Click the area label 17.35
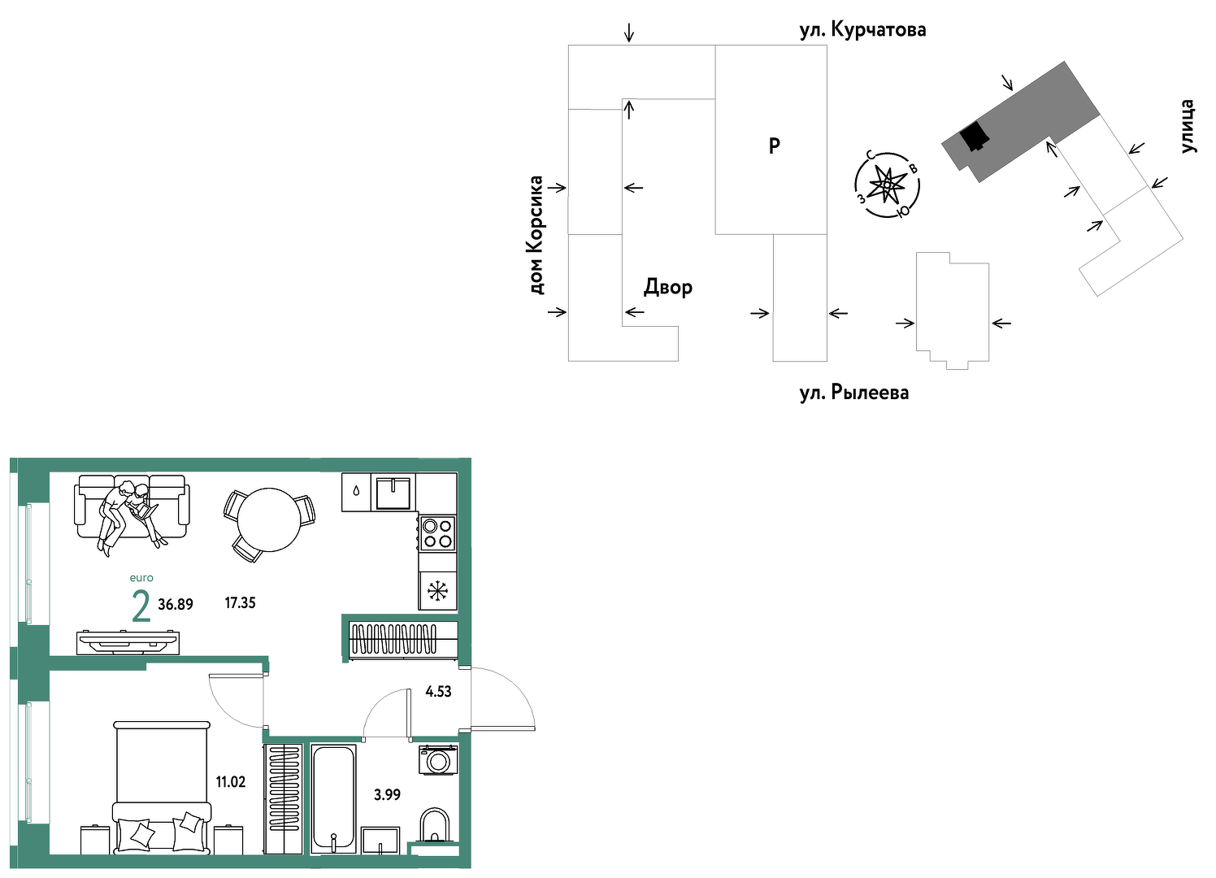click(240, 602)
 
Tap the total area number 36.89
click(176, 604)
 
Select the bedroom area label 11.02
click(231, 782)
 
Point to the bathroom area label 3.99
click(387, 794)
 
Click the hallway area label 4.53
click(438, 691)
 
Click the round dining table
click(269, 519)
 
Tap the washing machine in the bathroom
click(438, 760)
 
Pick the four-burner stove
click(437, 533)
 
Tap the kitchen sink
click(393, 493)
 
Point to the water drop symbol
click(355, 491)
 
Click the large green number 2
click(141, 607)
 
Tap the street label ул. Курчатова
click(862, 30)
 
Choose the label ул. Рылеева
click(854, 393)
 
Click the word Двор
click(667, 287)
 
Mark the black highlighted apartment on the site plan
click(974, 136)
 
